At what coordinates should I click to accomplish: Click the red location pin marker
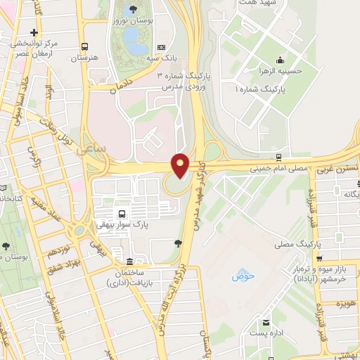(x=181, y=165)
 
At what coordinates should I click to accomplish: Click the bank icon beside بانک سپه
(x=162, y=47)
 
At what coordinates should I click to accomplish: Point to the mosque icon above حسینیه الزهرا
(x=281, y=58)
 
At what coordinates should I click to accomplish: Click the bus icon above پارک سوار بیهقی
(x=122, y=214)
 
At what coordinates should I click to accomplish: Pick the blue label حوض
(x=241, y=276)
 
